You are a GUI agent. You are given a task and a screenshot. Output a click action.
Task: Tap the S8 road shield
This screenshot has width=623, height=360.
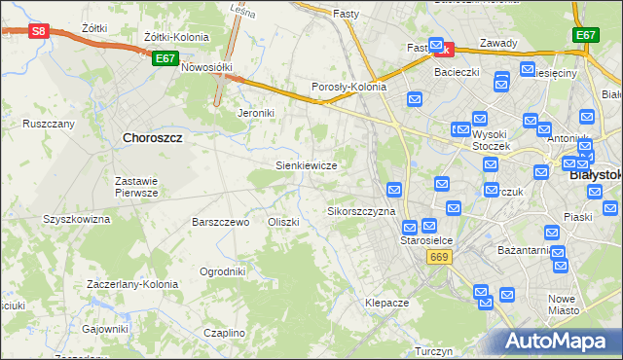37,31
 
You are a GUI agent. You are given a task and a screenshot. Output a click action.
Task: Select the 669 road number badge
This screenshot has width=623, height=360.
438,256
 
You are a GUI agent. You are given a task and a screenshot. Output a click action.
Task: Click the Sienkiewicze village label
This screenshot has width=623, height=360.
307,166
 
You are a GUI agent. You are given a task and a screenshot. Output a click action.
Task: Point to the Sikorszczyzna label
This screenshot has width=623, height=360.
361,211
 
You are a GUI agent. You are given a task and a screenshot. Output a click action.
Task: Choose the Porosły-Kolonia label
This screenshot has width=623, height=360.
348,87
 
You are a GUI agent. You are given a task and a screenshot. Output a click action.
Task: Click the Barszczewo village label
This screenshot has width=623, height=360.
221,222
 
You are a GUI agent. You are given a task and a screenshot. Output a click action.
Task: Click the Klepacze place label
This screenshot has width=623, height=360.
386,303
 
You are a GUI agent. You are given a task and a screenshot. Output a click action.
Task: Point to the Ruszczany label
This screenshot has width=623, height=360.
49,125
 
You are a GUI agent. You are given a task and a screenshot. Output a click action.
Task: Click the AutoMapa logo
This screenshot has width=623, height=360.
557,342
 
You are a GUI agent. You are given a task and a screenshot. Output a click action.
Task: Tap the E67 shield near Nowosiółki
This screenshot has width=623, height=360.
165,58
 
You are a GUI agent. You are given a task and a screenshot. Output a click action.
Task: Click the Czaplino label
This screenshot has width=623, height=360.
224,333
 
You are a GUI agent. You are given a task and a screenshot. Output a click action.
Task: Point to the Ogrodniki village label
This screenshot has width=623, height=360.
222,271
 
